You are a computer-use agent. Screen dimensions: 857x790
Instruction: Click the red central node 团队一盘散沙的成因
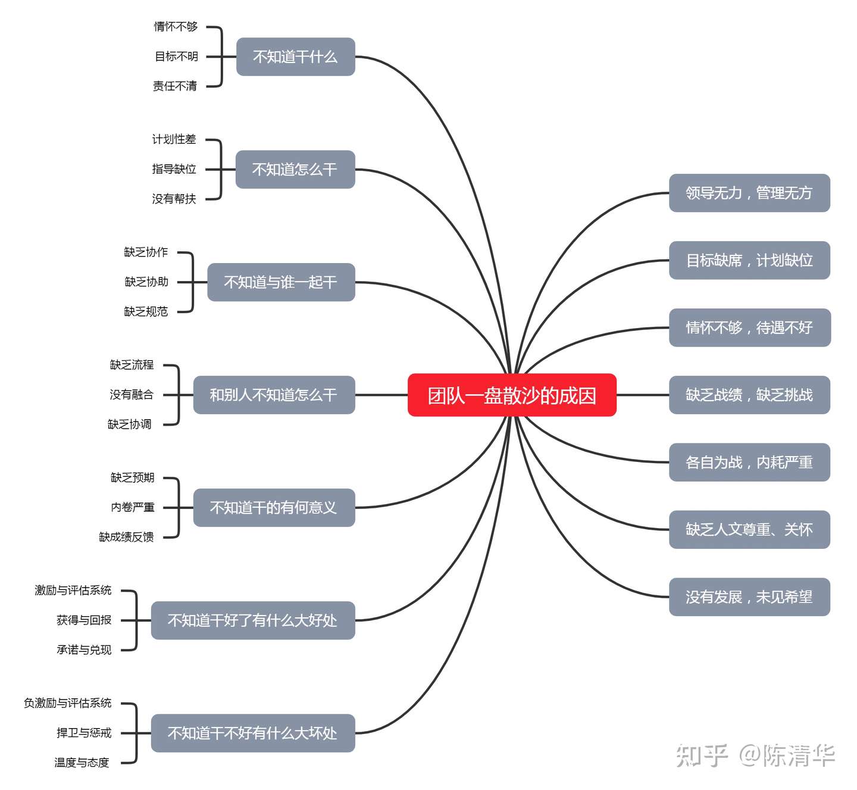click(512, 395)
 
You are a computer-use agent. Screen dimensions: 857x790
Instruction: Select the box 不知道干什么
click(296, 57)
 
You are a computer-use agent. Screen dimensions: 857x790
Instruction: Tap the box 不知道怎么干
click(295, 169)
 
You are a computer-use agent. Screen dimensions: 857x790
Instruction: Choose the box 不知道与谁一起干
click(281, 282)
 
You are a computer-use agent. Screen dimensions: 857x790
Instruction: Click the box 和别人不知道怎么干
click(274, 395)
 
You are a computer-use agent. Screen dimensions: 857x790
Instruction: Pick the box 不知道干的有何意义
click(274, 507)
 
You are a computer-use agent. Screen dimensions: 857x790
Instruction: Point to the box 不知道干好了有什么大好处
click(253, 620)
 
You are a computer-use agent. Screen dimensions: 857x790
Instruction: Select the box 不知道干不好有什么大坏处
click(253, 733)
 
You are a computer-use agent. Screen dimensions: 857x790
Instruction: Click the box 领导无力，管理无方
click(749, 193)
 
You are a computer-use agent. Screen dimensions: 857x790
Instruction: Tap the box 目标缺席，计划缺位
click(749, 260)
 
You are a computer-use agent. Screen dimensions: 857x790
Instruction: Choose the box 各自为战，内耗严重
click(749, 462)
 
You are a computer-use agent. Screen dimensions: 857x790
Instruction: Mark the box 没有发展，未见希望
click(749, 597)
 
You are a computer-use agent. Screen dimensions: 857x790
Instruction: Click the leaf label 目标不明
click(176, 57)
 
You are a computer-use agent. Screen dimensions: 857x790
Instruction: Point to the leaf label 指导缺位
click(174, 169)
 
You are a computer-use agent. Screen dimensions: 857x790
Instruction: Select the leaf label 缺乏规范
click(146, 311)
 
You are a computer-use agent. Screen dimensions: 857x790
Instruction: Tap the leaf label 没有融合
click(132, 394)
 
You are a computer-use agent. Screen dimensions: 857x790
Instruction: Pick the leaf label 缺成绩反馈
click(126, 536)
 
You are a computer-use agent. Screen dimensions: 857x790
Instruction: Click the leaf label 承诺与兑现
click(84, 650)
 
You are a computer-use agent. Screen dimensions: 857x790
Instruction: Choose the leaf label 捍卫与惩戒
click(84, 733)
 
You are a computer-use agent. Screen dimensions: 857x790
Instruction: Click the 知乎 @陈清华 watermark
click(755, 756)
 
